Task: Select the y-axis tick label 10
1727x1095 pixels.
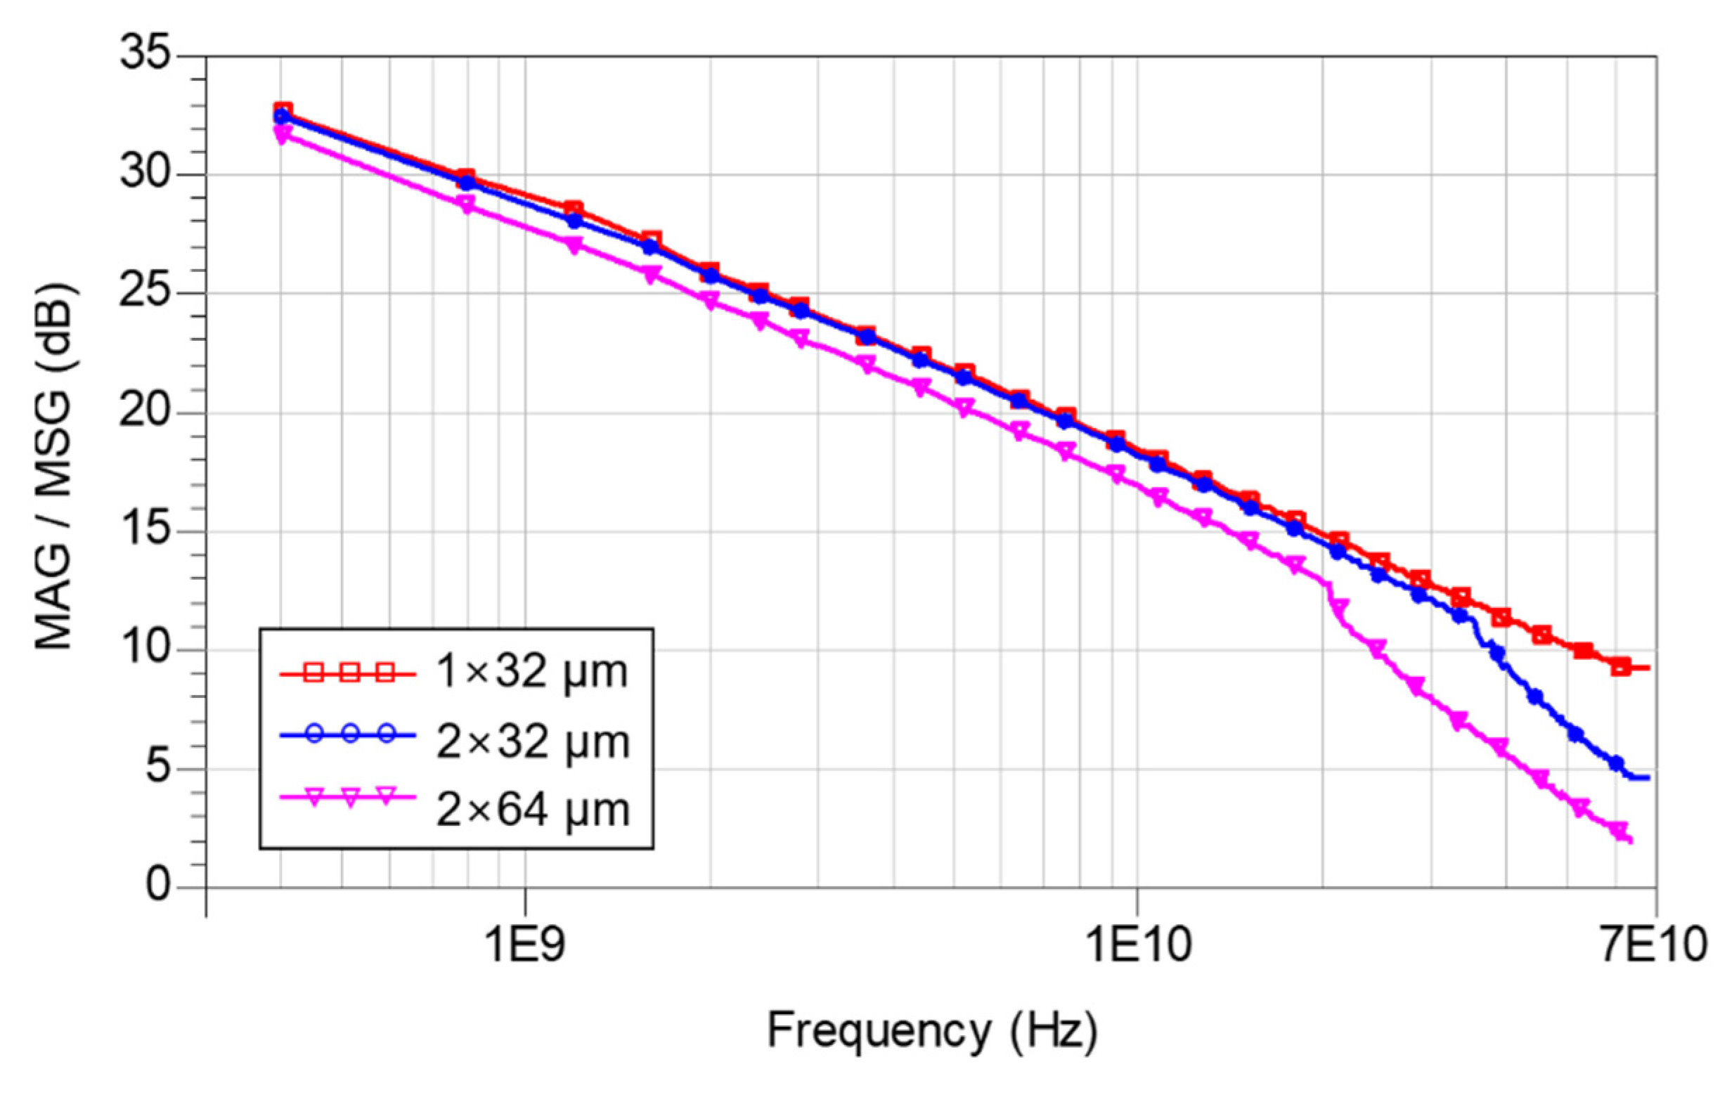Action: click(x=146, y=649)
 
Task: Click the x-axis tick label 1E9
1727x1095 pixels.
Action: click(x=525, y=945)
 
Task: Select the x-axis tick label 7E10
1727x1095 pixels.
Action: click(x=1655, y=945)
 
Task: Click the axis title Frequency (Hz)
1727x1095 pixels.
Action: click(x=932, y=1030)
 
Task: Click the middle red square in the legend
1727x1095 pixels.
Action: click(x=349, y=673)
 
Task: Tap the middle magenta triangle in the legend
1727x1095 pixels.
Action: click(x=350, y=798)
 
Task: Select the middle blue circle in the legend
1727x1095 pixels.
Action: click(x=350, y=734)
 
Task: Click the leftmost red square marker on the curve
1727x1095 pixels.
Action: click(x=283, y=110)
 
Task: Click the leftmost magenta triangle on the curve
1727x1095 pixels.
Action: click(x=281, y=134)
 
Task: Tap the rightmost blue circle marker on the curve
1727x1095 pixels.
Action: click(x=1617, y=764)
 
